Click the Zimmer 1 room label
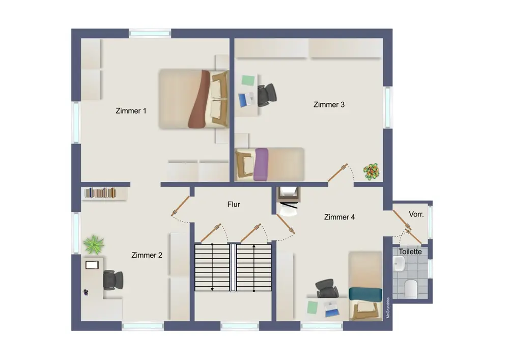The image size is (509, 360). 131,110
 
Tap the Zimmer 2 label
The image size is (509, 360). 147,255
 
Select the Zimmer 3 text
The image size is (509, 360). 329,104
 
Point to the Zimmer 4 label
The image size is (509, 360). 340,217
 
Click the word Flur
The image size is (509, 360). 234,204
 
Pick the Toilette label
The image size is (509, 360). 410,252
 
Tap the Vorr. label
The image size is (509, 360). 416,214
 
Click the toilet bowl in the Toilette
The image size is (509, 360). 411,288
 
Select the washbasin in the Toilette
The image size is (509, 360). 399,264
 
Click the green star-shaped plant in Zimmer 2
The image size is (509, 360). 94,244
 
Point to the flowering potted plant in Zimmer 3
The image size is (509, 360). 372,172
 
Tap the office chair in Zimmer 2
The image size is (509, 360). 113,280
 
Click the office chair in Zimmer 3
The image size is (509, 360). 267,95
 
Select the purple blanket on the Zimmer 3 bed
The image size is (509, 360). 261,164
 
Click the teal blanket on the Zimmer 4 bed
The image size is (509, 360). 365,294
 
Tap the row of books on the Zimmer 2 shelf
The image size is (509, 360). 100,193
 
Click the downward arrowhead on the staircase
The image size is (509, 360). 212,289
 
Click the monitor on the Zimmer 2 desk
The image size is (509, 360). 92,265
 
